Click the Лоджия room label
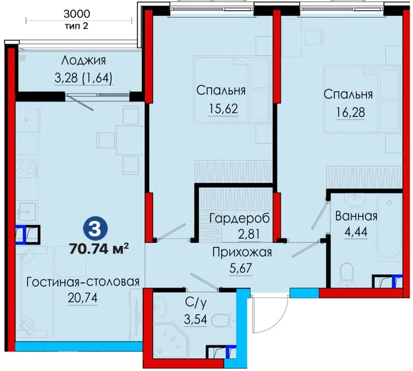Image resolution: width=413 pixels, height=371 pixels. pos(83,60)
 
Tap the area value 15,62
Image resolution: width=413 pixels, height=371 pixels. pos(223,108)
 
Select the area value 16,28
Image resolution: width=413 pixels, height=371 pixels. pos(350,112)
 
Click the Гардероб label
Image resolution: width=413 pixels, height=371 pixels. pos(240,219)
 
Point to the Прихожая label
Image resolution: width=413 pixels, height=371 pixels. pos(242,252)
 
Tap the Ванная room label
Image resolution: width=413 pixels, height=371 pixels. pos(356,216)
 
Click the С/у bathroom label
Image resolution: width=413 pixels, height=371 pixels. pos(196,303)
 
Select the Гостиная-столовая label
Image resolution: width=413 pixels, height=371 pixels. pos(83,282)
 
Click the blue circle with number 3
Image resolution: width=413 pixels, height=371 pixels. pos(95,229)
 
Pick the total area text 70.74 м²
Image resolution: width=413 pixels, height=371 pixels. pos(99,249)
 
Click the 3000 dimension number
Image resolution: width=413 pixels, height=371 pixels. pos(77,14)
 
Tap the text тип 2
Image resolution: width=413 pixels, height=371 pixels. pos(77,26)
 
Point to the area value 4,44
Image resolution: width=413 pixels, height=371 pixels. pos(356,232)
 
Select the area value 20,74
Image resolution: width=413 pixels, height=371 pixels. pos(83,298)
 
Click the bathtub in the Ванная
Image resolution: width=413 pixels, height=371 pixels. pos(389,228)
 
